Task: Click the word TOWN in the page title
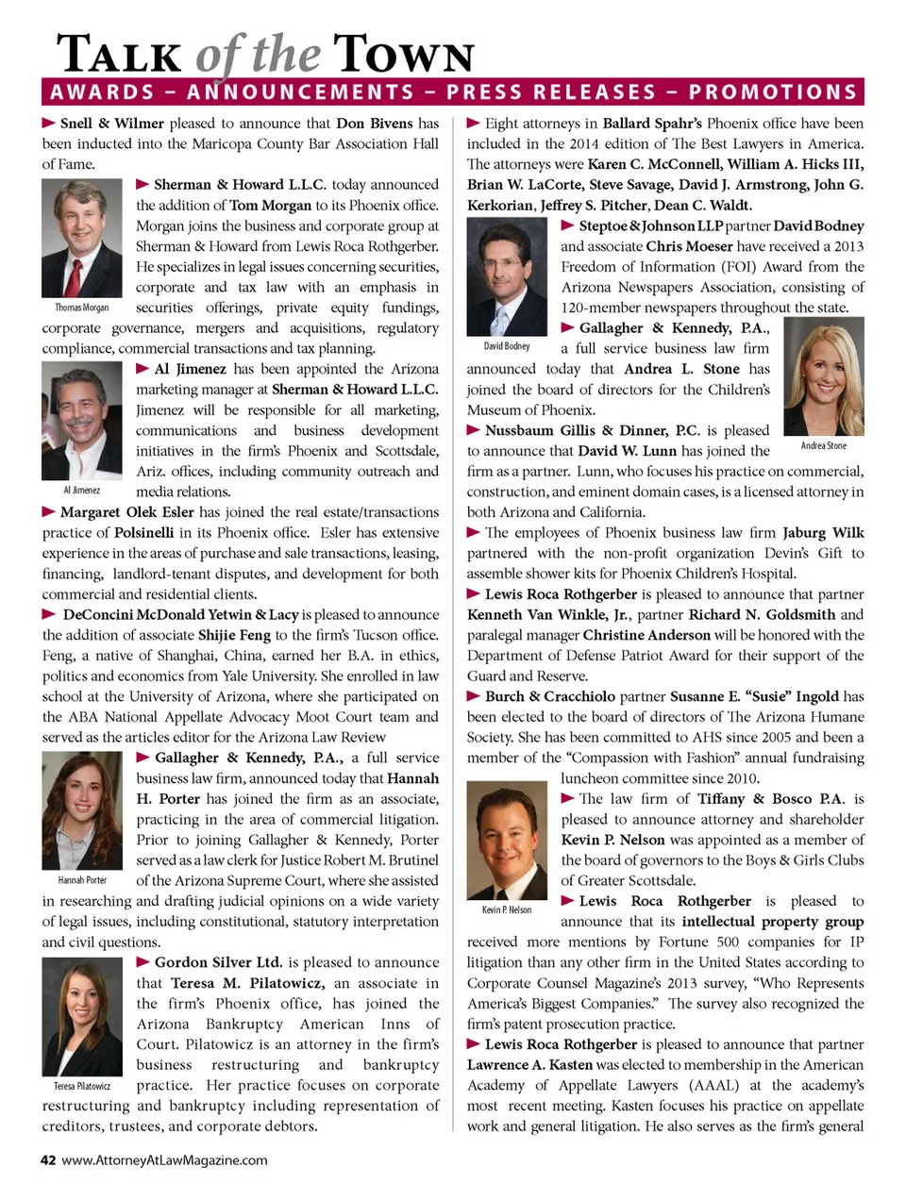(x=403, y=55)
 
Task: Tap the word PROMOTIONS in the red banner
(x=772, y=92)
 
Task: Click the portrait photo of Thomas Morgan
(x=82, y=238)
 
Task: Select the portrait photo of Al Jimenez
(x=82, y=421)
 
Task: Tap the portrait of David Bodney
(x=507, y=276)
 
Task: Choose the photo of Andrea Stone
(x=824, y=375)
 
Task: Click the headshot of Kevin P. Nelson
(x=507, y=842)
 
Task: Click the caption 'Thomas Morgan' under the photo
(x=82, y=308)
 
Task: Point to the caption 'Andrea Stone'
(x=824, y=445)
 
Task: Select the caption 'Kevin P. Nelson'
(x=507, y=910)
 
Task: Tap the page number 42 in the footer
(x=48, y=1160)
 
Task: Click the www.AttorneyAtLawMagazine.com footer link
(x=164, y=1160)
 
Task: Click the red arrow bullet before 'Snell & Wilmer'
(x=48, y=123)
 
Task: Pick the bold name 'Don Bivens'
(x=375, y=123)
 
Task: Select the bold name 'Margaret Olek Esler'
(x=126, y=512)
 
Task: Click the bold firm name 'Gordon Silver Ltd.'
(x=218, y=962)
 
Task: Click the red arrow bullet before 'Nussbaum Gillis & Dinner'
(x=474, y=430)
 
